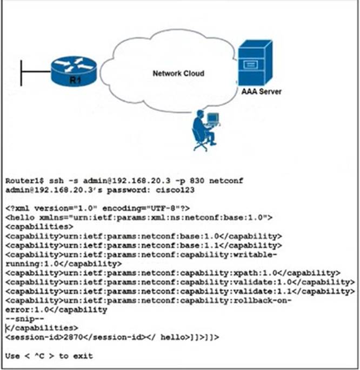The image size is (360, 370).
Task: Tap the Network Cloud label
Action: tap(171, 73)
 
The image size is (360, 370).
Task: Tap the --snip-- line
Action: tap(22, 319)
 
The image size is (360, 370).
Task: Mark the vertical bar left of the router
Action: tap(21, 73)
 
